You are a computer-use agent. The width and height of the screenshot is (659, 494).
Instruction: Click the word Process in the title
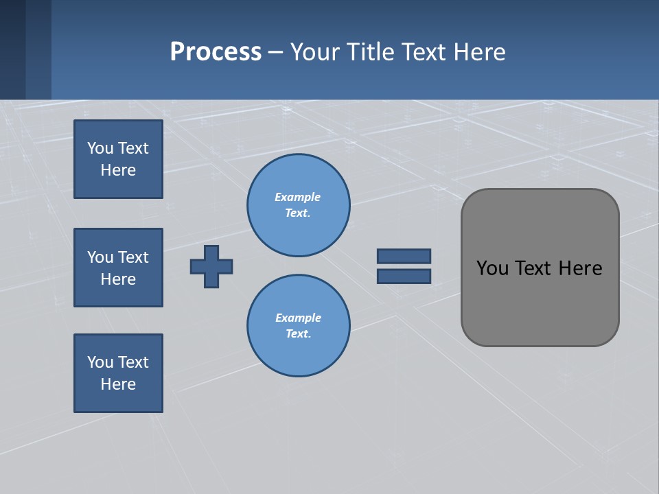point(216,52)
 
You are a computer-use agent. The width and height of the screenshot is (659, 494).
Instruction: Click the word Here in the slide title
point(478,52)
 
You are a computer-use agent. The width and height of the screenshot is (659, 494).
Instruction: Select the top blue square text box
point(118,159)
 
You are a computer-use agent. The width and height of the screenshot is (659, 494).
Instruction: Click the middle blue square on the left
point(118,268)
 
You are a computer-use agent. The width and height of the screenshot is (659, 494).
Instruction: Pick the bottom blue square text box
point(118,373)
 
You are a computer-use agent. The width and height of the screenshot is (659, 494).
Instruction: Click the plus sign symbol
point(211,266)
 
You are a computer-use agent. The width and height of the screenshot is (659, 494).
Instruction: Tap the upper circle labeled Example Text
point(299,205)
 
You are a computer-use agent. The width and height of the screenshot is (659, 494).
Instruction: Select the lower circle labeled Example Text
point(299,326)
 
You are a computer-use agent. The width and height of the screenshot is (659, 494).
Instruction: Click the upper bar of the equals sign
point(404,256)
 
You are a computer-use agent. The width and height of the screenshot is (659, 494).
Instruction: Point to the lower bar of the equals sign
point(404,276)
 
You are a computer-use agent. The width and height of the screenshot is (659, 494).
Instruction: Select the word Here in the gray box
point(580,268)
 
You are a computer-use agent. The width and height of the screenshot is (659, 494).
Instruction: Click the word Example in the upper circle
point(298,197)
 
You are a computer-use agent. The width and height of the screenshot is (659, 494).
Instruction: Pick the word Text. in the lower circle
point(298,333)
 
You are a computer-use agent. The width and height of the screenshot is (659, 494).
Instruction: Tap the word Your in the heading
point(315,52)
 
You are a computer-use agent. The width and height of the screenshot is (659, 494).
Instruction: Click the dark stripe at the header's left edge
point(12,49)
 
